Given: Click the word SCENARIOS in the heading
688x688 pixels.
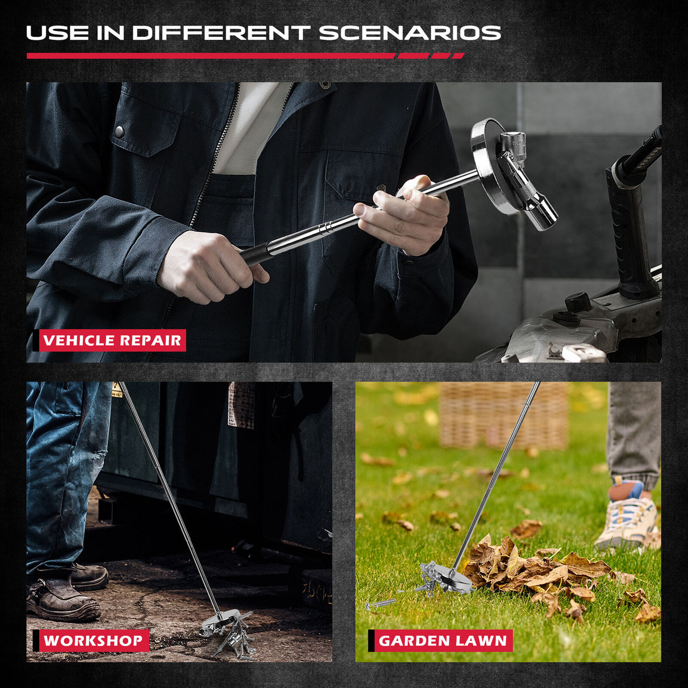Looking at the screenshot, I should coord(410,33).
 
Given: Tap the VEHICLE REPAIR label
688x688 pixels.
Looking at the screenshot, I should coord(112,341).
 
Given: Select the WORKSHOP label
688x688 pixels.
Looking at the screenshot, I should coord(93,641).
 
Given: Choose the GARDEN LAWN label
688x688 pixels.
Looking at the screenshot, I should coord(443,641).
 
